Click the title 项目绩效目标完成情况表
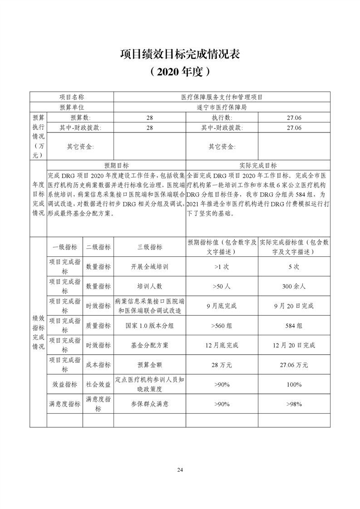tap(180, 54)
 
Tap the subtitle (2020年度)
tap(180, 71)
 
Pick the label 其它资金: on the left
tap(80, 147)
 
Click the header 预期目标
tap(116, 166)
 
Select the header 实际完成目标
tap(258, 166)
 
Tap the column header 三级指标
tap(149, 247)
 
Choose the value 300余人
tap(294, 286)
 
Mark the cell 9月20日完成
tap(294, 306)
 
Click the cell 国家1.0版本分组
tap(149, 325)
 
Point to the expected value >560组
tap(222, 325)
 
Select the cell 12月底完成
tap(222, 345)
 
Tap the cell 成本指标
tap(98, 364)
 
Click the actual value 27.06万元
tap(294, 364)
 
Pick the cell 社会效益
tap(98, 384)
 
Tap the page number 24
tap(180, 470)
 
